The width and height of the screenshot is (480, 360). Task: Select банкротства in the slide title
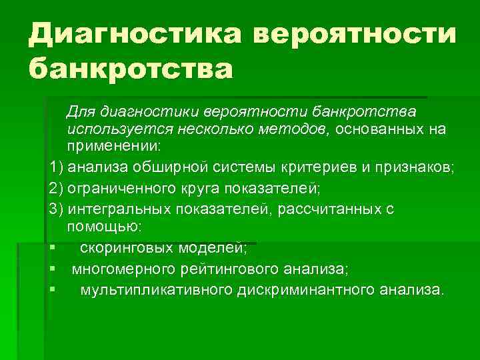click(x=131, y=67)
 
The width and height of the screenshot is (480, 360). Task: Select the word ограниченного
click(x=121, y=188)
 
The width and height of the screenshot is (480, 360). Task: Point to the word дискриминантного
click(x=307, y=290)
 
